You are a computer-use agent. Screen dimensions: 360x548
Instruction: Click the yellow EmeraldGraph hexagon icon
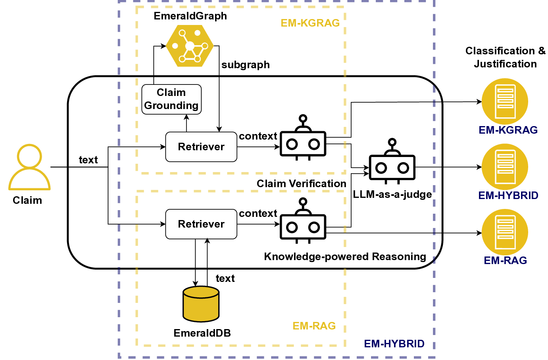click(x=190, y=46)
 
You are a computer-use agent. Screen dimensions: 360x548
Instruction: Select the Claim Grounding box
click(x=171, y=99)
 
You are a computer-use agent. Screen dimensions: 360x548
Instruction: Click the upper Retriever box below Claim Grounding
click(x=201, y=147)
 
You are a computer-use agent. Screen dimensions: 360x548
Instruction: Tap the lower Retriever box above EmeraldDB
click(x=201, y=224)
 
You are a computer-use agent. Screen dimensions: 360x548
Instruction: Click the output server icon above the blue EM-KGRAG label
click(x=505, y=101)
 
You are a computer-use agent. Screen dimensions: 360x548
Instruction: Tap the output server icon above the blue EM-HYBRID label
click(x=505, y=167)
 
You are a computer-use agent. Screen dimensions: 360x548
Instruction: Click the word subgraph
click(x=246, y=65)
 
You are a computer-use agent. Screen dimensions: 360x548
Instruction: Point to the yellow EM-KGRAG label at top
click(x=310, y=23)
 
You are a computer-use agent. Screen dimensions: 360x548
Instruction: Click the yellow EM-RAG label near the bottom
click(x=314, y=326)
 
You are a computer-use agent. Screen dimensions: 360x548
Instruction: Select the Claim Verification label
click(x=301, y=184)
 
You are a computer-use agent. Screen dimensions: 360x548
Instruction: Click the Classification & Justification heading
click(x=505, y=57)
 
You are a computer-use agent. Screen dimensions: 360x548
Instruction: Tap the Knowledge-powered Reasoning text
click(x=345, y=257)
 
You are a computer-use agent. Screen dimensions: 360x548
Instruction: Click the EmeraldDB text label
click(x=202, y=333)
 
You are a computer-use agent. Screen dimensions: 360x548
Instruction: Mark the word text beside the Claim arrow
click(x=88, y=160)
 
